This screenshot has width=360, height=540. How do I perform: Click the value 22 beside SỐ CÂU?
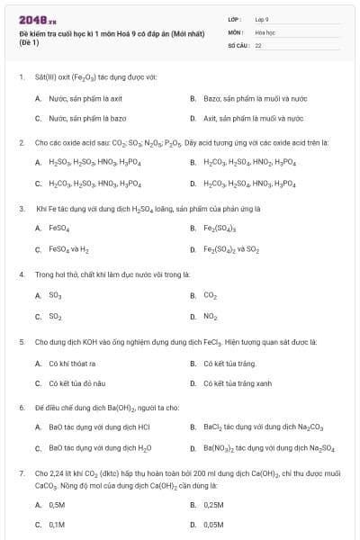coord(258,43)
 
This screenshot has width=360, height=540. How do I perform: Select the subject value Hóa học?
coord(265,31)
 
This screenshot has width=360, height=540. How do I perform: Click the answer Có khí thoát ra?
coord(72,364)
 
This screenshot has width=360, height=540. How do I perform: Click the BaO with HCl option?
coord(99,427)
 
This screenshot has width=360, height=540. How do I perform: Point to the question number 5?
coord(22,342)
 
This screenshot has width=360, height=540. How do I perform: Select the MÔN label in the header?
coord(235,31)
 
